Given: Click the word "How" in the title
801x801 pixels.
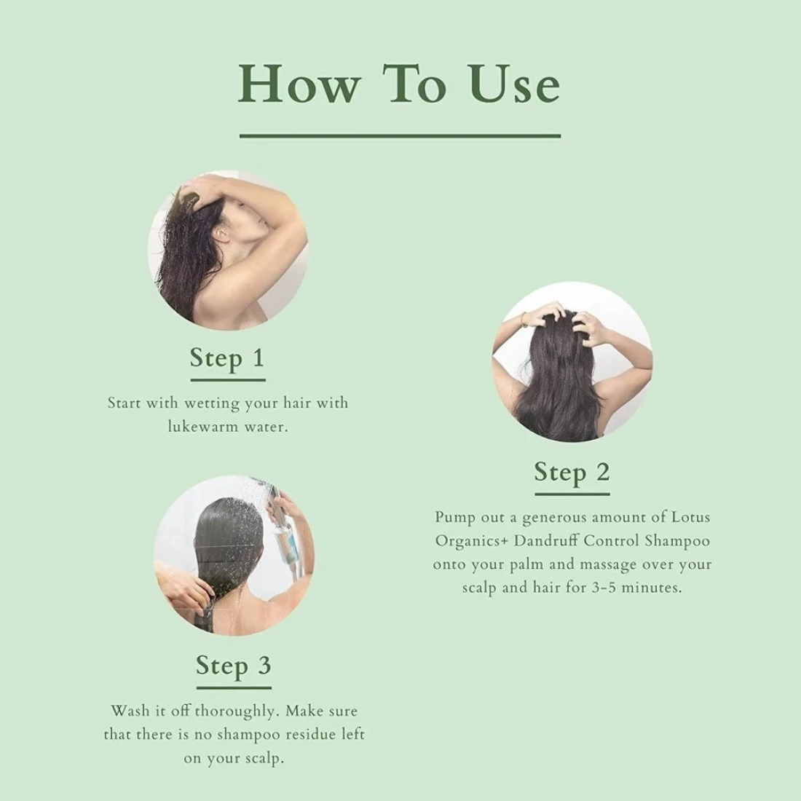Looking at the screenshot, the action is point(300,84).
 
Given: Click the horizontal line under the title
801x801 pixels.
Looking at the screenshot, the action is point(400,136).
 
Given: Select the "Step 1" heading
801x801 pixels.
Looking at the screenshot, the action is point(227,358).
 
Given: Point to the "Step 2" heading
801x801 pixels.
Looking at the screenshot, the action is point(572,472).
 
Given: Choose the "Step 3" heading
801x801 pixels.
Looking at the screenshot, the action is point(234,666).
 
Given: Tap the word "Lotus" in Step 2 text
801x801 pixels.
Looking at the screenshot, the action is point(690,517).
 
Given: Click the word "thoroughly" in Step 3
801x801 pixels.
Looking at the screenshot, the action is point(237,711).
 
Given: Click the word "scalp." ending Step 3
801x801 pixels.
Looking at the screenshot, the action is point(261,759).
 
